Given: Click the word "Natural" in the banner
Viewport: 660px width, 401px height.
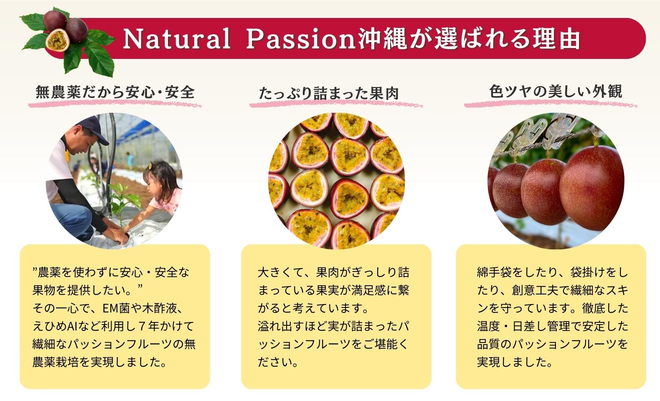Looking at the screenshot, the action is pos(177,38).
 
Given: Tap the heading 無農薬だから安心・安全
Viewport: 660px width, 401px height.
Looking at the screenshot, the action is pos(115,92).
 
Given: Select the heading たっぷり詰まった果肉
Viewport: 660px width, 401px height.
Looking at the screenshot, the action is pos(329,93).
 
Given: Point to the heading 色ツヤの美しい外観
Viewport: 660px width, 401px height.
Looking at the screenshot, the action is pos(556,91).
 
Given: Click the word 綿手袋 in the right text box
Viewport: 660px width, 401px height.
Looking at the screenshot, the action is pos(495,272).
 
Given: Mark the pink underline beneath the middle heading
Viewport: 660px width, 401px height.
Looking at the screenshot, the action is pos(336,104).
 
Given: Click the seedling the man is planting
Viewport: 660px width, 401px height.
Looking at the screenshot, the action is pos(123,203).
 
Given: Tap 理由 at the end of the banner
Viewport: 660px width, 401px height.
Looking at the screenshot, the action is pos(556,38).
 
